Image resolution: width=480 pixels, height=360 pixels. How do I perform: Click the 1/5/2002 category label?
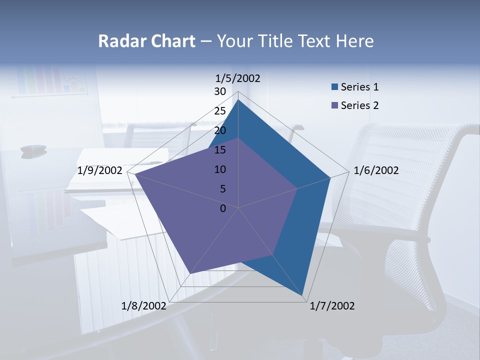[x=238, y=78]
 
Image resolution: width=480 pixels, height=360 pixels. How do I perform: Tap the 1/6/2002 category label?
[x=376, y=170]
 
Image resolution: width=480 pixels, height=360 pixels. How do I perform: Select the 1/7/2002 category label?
[x=332, y=306]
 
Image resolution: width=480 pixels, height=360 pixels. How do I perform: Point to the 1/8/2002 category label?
[x=143, y=306]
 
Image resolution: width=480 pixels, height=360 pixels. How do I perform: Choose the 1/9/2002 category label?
[x=100, y=170]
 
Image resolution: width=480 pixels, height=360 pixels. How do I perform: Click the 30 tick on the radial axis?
[x=220, y=91]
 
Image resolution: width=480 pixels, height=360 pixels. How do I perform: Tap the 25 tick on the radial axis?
[x=220, y=111]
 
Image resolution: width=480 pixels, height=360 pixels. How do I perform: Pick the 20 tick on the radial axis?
[x=220, y=130]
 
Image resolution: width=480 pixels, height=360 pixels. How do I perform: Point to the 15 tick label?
[x=220, y=150]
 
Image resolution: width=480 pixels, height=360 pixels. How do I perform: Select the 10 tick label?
[x=220, y=169]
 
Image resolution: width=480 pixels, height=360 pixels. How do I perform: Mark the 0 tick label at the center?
[x=223, y=208]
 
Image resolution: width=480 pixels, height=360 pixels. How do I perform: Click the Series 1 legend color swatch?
[x=335, y=87]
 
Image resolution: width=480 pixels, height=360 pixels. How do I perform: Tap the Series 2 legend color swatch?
[x=335, y=105]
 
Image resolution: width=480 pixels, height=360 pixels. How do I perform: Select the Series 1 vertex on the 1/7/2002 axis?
[x=303, y=296]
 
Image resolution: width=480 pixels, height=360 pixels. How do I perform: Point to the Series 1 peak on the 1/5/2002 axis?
[x=238, y=100]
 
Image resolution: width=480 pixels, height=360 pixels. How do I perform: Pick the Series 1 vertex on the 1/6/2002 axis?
[x=330, y=177]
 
